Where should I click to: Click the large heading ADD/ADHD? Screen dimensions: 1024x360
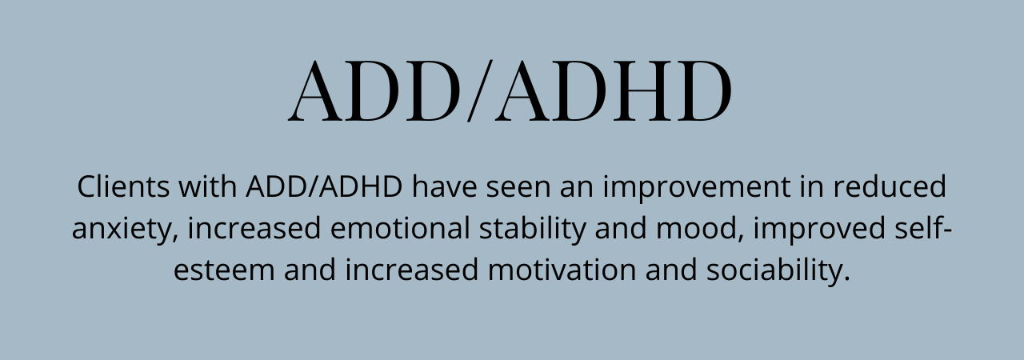(x=510, y=90)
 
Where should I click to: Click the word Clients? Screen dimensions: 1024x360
(x=123, y=186)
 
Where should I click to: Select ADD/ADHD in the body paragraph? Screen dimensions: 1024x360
(x=324, y=186)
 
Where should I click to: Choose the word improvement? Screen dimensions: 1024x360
(x=697, y=188)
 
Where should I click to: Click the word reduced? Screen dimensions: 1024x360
(x=890, y=186)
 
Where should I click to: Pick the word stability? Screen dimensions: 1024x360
(x=533, y=230)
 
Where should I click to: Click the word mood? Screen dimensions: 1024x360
(x=697, y=228)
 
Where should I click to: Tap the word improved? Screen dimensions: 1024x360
(x=819, y=230)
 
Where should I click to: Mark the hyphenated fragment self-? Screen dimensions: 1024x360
(x=923, y=227)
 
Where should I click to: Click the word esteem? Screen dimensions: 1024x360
(x=224, y=270)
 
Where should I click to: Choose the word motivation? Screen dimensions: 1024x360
(x=562, y=270)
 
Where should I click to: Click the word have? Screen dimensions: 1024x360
(x=444, y=186)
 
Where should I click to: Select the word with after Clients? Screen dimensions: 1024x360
(x=207, y=186)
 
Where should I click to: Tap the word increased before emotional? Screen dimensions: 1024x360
(x=254, y=228)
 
